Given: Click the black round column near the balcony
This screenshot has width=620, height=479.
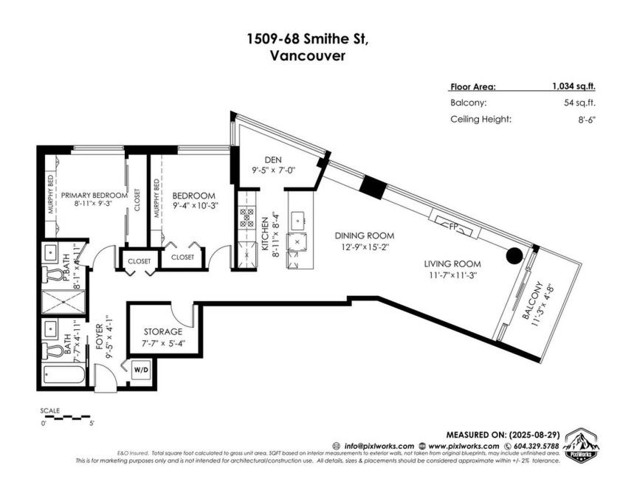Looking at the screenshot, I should [514, 255].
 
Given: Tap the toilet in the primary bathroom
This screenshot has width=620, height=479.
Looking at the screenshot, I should [53, 275].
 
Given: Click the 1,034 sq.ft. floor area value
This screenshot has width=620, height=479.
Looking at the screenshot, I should [573, 86].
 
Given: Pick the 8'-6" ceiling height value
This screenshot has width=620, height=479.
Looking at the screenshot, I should [583, 119].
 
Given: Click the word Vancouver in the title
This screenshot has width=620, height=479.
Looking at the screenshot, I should [309, 55].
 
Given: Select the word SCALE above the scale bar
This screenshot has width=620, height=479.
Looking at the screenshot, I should [51, 410].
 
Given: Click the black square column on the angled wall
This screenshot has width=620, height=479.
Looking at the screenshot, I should [374, 188].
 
